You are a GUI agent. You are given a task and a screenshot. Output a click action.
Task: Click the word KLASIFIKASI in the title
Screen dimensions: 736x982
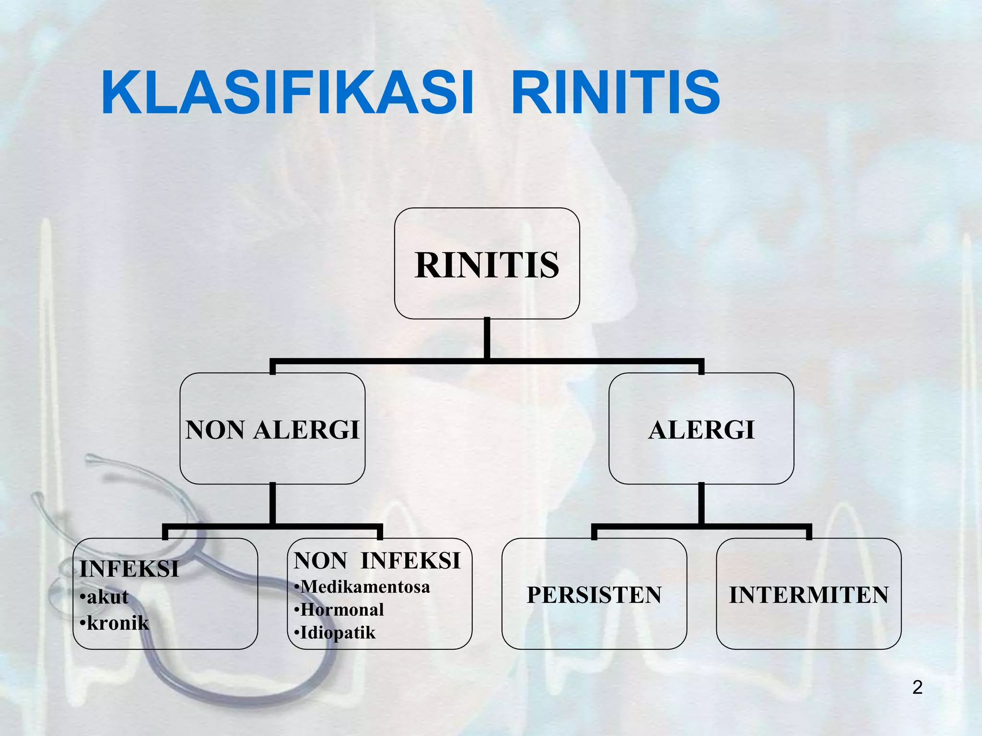[288, 92]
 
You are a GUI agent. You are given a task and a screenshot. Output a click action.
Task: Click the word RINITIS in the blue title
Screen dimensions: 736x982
[616, 92]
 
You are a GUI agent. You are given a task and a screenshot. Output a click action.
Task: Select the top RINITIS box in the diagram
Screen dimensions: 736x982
[487, 264]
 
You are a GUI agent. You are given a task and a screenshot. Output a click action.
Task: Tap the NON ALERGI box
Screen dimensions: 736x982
[272, 429]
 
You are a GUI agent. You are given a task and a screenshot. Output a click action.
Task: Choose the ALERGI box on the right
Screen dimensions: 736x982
[701, 429]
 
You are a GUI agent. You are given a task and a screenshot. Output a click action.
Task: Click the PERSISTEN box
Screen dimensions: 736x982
[594, 594]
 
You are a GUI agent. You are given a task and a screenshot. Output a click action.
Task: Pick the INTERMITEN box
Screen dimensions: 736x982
[808, 594]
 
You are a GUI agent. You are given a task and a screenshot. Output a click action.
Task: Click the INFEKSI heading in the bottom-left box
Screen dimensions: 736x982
[129, 569]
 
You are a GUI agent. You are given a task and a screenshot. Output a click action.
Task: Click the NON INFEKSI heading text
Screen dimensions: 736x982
[377, 561]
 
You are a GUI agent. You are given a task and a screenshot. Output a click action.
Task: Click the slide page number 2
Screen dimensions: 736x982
[917, 687]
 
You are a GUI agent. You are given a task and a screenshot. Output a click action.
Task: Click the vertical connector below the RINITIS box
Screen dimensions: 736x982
[487, 338]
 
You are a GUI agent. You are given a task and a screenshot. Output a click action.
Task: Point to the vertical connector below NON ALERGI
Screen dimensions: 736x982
[272, 503]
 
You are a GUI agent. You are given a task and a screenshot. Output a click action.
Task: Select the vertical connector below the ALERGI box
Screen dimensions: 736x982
[701, 503]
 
